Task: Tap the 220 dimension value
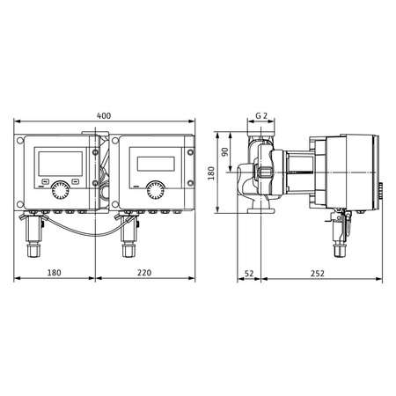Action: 144,274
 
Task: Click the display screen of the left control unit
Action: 60,162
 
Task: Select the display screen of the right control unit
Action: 155,163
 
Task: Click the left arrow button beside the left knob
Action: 44,182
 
